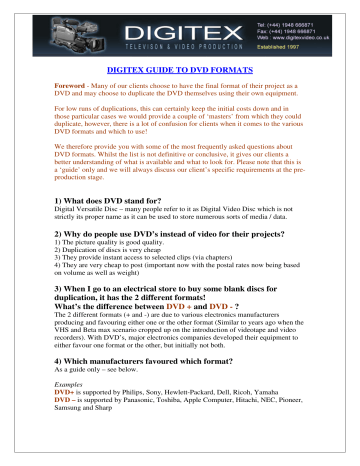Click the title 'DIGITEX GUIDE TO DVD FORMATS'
(x=180, y=73)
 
